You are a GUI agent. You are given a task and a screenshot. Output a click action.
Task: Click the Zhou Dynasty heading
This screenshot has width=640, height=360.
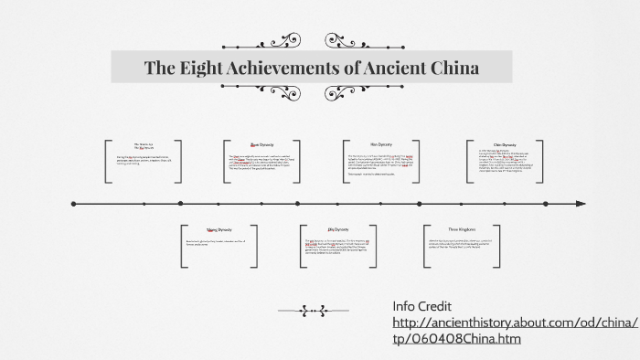coord(262,144)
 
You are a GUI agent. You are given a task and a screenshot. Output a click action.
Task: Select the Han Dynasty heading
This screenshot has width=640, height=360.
coord(381,144)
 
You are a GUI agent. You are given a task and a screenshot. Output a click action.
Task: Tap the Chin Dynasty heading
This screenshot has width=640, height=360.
coord(506,144)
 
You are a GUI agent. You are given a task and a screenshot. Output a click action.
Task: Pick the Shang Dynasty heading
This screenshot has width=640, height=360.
coord(218,228)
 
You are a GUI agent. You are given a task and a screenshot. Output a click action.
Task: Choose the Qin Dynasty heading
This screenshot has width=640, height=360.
coord(338,228)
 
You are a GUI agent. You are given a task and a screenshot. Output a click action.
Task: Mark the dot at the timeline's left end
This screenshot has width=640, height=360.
coord(72,203)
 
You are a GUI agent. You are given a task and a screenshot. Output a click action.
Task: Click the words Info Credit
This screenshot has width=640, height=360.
coord(423,304)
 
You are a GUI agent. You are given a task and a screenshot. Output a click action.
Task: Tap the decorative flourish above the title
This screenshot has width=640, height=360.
coord(313,41)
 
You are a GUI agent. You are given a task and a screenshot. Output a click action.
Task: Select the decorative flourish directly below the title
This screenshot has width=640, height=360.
coord(313,94)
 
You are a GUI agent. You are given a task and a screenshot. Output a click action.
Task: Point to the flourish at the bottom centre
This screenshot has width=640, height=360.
coord(313,311)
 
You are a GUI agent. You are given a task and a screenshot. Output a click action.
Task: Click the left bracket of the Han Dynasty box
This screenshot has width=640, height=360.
coord(347,163)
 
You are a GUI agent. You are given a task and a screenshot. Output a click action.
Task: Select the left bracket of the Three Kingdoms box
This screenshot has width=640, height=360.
coord(425,246)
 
